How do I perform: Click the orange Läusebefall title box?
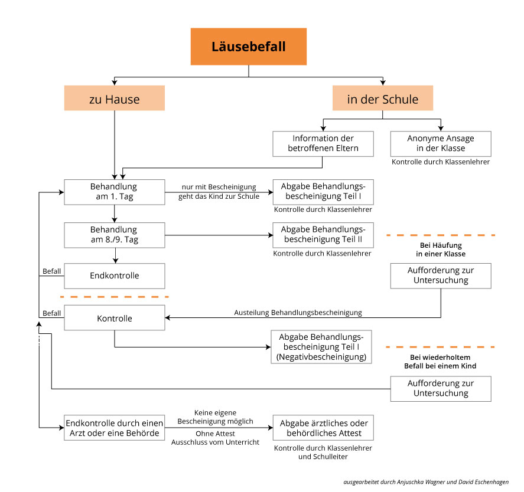[x=249, y=47]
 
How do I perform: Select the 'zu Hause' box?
[x=114, y=98]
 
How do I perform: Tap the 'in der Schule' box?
[x=383, y=98]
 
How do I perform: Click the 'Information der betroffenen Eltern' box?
[x=323, y=144]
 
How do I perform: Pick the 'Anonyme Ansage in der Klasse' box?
[x=441, y=144]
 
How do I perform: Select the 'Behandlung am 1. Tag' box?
[x=114, y=192]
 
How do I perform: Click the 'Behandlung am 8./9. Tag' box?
[x=114, y=235]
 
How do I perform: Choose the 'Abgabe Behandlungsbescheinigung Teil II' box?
[x=323, y=235]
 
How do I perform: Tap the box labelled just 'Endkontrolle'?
[x=114, y=276]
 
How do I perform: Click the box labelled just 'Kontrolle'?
[x=114, y=318]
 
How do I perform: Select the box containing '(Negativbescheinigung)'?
[x=321, y=347]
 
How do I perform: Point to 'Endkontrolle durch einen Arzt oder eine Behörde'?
[x=114, y=428]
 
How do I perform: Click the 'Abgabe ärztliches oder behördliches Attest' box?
[x=323, y=428]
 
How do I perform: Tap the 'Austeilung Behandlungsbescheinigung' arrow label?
[x=298, y=313]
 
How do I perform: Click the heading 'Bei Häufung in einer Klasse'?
[x=441, y=250]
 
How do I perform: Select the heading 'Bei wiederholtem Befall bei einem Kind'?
[x=440, y=362]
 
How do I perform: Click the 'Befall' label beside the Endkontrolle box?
[x=52, y=271]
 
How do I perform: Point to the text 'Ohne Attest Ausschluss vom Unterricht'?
[x=215, y=438]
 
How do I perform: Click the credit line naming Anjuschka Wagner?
[x=426, y=482]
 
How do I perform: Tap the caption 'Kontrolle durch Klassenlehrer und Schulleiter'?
[x=323, y=452]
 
